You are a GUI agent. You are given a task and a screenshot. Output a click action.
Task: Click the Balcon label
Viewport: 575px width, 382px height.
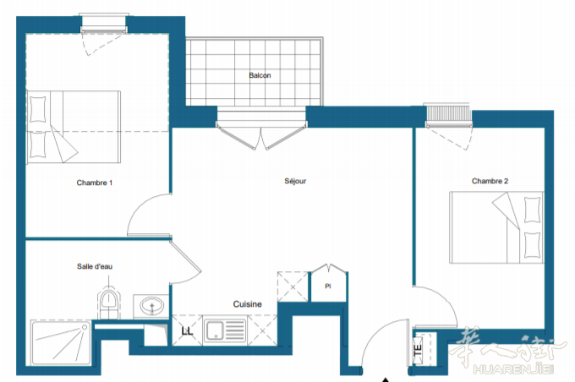260,75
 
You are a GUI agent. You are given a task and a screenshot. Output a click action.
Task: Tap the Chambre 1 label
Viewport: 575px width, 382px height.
94,183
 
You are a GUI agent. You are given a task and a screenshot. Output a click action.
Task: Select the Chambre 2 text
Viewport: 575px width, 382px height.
490,181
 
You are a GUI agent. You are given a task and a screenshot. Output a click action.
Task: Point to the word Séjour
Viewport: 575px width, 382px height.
295,181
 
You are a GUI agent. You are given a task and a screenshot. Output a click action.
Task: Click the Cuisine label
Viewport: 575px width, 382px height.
247,304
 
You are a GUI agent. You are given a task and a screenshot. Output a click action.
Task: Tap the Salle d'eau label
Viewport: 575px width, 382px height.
95,266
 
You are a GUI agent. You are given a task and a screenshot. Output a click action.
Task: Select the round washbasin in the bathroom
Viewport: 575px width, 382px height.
151,305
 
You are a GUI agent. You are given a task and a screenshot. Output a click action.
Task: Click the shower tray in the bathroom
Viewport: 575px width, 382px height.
61,343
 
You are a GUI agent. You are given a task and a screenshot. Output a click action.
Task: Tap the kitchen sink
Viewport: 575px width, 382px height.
225,330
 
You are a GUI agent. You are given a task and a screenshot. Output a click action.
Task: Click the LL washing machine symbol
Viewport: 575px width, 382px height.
187,331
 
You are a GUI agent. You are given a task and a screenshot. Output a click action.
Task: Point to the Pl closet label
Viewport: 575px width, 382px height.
328,286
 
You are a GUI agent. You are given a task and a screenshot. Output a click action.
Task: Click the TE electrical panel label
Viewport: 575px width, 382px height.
418,349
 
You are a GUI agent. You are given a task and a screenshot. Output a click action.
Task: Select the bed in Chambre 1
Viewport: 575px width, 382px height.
74,127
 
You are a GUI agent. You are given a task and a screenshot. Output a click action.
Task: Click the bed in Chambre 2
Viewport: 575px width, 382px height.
496,227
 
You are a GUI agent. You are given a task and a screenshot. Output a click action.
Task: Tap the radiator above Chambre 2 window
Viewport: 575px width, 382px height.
448,113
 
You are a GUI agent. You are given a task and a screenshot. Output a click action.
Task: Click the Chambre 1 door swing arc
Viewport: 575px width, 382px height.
143,208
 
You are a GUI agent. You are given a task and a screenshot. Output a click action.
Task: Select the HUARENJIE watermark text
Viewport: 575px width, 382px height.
513,368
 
